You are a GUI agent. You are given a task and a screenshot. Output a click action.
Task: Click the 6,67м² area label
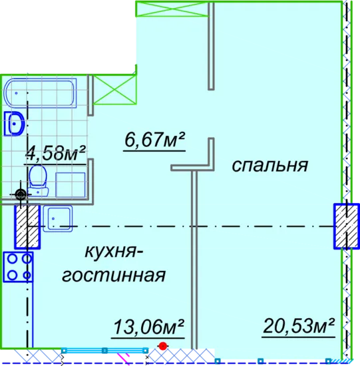(154, 140)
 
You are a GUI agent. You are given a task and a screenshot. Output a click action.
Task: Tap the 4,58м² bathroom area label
(56, 153)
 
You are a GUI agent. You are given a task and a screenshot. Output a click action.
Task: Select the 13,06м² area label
(148, 327)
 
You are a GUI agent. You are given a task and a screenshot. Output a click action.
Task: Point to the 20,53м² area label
(299, 326)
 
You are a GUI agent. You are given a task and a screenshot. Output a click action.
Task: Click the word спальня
(270, 165)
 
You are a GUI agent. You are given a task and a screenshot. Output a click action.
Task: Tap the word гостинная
(114, 275)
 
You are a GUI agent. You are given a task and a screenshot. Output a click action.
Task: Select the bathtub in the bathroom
(40, 93)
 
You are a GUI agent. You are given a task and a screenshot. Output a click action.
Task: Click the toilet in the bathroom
(38, 180)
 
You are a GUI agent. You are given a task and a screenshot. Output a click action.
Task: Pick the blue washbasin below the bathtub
(14, 124)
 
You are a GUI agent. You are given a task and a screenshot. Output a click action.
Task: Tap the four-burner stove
(18, 267)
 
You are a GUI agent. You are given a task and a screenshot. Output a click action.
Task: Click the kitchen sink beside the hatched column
(57, 219)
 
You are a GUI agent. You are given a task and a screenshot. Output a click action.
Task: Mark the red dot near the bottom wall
(163, 346)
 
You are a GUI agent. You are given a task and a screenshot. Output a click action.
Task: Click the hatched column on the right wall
(347, 226)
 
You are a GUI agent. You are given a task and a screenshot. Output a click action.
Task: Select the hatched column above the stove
(27, 226)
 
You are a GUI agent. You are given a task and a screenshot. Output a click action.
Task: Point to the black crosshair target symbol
(21, 194)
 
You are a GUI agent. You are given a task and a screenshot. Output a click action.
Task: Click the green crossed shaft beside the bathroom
(114, 90)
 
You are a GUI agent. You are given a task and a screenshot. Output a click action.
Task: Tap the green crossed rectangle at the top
(172, 9)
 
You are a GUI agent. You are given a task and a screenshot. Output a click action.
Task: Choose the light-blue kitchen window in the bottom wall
(104, 350)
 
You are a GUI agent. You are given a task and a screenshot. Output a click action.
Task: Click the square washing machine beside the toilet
(71, 184)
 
